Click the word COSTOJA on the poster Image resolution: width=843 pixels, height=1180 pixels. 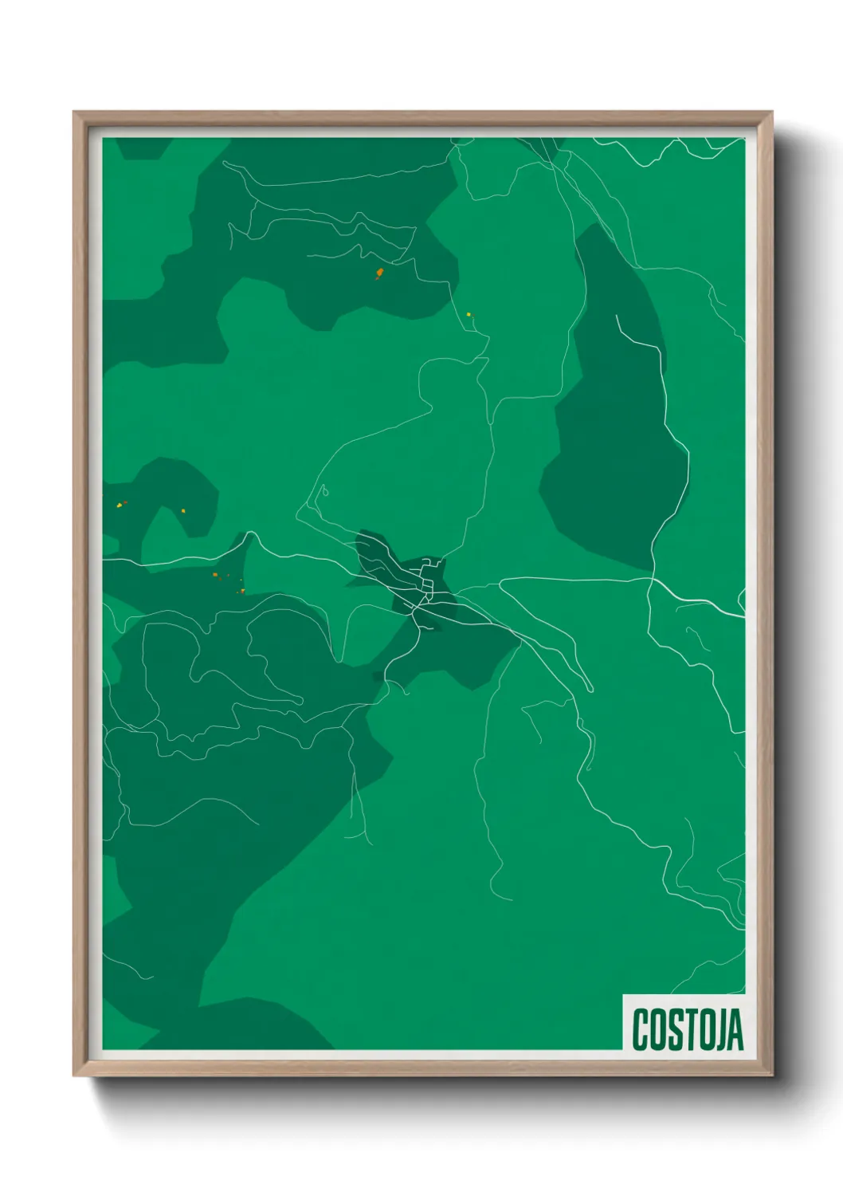688,1029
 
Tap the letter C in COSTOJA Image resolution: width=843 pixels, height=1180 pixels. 640,1029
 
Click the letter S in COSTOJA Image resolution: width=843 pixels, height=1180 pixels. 671,1029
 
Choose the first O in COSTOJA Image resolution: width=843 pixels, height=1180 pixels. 655,1029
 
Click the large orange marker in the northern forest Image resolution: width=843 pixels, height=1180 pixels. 379,274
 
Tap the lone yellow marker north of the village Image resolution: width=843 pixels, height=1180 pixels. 469,314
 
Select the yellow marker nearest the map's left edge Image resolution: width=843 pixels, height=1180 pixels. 119,504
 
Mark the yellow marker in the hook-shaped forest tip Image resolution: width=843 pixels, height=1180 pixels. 185,509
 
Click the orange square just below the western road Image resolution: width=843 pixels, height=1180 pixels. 214,575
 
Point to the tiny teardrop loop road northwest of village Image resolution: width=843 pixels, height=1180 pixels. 324,490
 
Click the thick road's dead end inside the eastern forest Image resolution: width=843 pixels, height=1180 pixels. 617,317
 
